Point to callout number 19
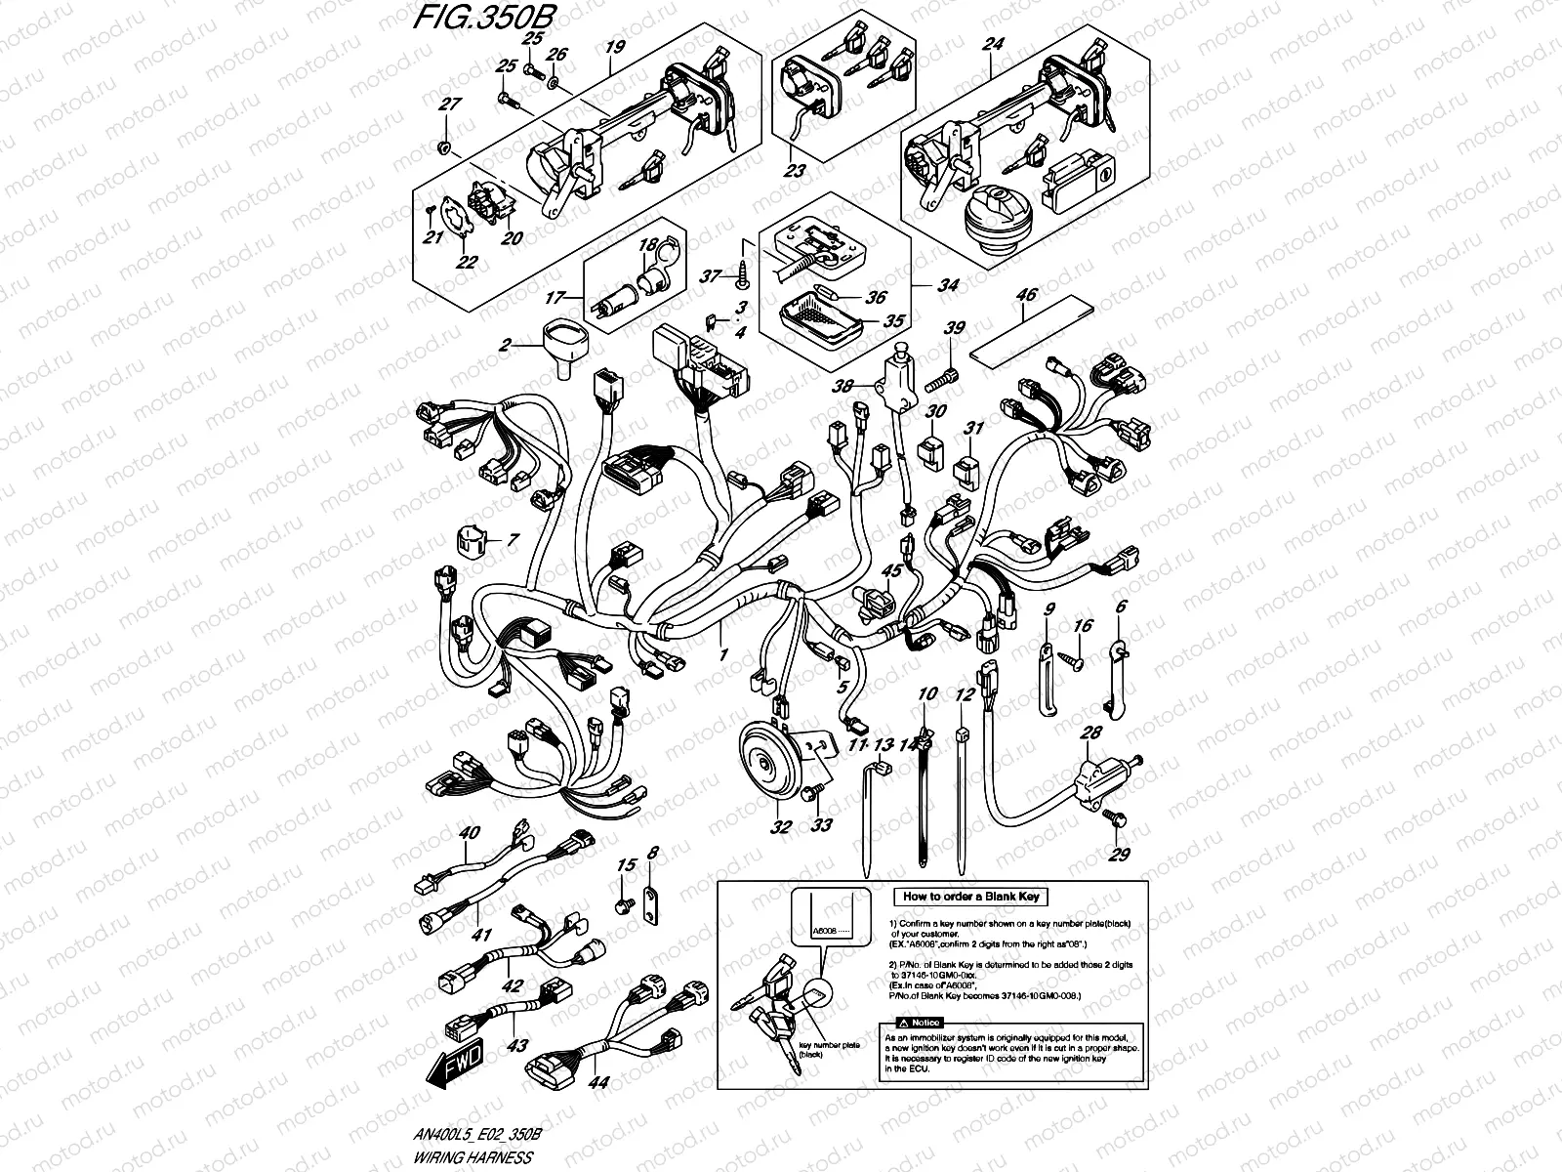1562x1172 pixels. coord(612,46)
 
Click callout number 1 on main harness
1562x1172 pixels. coord(723,651)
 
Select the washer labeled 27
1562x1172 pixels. coord(445,146)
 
